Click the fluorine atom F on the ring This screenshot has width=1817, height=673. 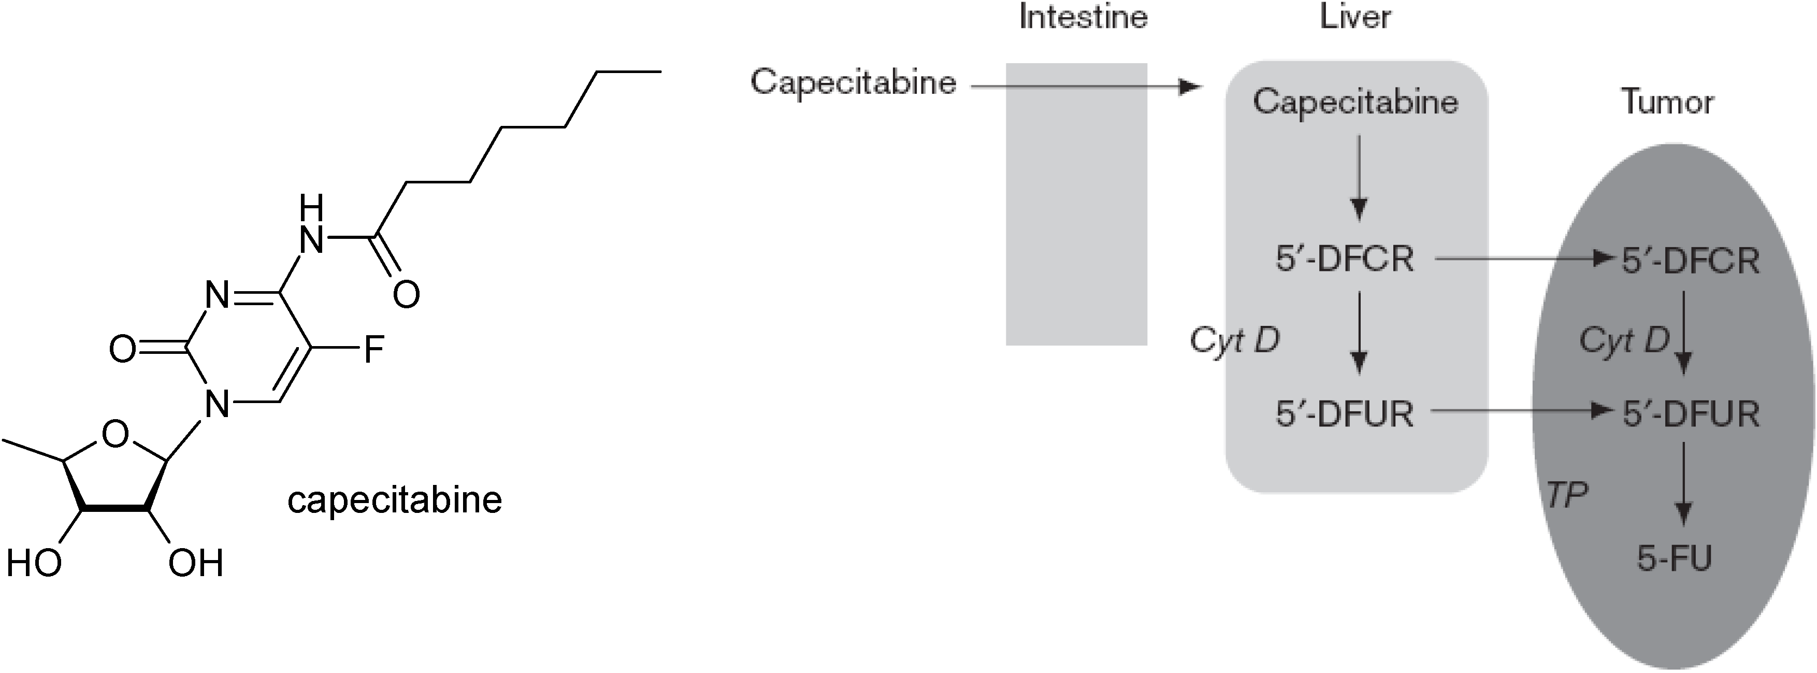tap(374, 349)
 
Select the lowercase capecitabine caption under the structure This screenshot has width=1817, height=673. tap(394, 500)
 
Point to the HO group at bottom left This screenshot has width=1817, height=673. tap(34, 564)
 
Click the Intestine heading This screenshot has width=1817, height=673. tap(1083, 17)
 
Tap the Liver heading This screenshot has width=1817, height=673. tap(1355, 17)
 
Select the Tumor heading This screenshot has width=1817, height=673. tap(1667, 102)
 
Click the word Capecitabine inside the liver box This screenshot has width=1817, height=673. tap(1355, 102)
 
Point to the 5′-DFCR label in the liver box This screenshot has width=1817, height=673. tap(1345, 260)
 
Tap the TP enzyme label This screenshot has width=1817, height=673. tap(1567, 496)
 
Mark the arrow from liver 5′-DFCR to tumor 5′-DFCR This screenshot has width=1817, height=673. tap(1523, 260)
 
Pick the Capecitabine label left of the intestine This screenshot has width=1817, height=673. tap(853, 82)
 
